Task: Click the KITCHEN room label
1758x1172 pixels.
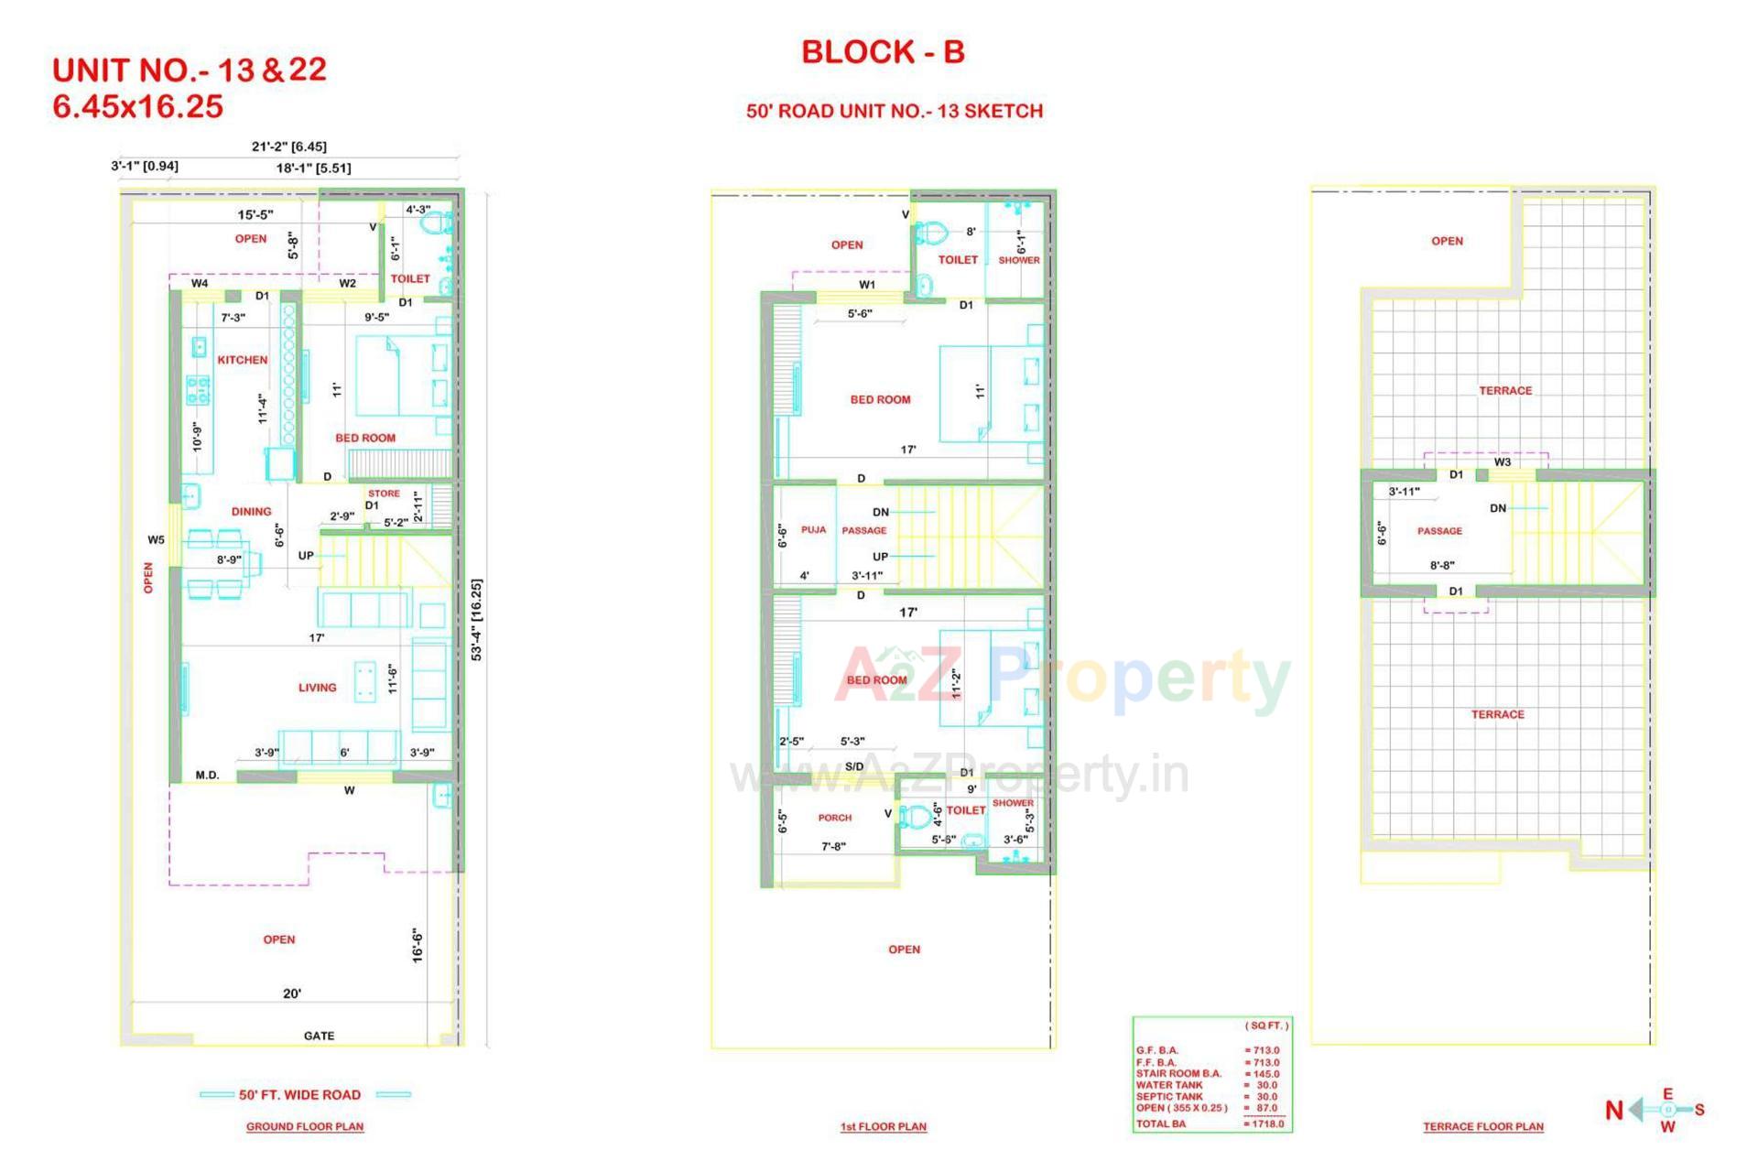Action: pyautogui.click(x=243, y=360)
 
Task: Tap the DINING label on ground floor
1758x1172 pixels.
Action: pyautogui.click(x=251, y=512)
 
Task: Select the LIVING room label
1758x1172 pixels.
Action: pyautogui.click(x=317, y=688)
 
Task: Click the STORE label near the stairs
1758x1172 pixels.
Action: pyautogui.click(x=384, y=494)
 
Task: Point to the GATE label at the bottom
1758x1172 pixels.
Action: pyautogui.click(x=319, y=1036)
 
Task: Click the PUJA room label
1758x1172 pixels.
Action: pyautogui.click(x=813, y=529)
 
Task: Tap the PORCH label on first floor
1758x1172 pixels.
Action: pyautogui.click(x=834, y=818)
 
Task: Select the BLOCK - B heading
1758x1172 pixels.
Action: pyautogui.click(x=883, y=52)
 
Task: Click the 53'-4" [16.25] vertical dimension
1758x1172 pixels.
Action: pyautogui.click(x=476, y=619)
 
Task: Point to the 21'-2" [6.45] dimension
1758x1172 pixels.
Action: pyautogui.click(x=288, y=146)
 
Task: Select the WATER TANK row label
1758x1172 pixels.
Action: pyautogui.click(x=1169, y=1085)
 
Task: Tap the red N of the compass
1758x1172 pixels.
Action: pyautogui.click(x=1614, y=1111)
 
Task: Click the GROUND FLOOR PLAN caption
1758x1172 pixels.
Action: pyautogui.click(x=305, y=1126)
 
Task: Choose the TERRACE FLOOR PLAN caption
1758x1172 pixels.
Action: pyautogui.click(x=1482, y=1126)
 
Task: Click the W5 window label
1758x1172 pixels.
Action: pyautogui.click(x=156, y=540)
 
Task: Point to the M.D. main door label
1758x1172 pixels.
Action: pyautogui.click(x=207, y=776)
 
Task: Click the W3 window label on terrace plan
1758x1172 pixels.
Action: pyautogui.click(x=1503, y=462)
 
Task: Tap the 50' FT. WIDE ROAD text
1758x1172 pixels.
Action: pyautogui.click(x=299, y=1094)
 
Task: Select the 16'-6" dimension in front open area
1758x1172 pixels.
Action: pyautogui.click(x=418, y=946)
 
